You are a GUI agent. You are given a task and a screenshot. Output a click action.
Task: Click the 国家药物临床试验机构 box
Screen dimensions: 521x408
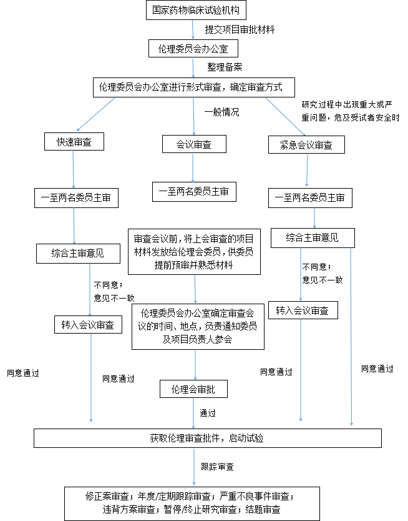[193, 11]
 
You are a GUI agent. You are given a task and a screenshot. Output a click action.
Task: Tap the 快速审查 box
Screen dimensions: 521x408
[74, 142]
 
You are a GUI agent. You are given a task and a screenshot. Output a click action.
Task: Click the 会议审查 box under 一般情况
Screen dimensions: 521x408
[194, 144]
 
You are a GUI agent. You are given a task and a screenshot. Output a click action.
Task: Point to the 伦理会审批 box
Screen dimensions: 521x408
[193, 389]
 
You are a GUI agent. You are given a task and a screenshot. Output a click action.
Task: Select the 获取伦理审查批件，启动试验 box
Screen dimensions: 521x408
[207, 438]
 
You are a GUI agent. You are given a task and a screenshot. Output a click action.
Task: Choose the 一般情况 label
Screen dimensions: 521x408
[221, 112]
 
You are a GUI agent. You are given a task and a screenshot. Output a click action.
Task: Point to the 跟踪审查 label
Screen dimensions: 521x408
[217, 467]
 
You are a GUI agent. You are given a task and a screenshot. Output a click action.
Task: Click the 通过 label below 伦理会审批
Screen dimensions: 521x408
[208, 413]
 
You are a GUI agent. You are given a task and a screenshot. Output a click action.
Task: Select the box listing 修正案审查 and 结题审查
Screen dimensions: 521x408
[193, 504]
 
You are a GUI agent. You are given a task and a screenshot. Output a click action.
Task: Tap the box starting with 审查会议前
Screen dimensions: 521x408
[193, 251]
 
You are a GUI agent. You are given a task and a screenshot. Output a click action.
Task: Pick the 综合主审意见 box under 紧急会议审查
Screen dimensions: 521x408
[313, 237]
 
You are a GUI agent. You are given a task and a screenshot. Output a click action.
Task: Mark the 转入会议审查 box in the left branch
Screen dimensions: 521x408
[87, 325]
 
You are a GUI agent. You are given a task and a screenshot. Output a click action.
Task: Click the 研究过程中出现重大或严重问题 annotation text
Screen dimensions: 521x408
[349, 110]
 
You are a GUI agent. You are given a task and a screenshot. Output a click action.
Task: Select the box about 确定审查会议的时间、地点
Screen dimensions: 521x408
[197, 326]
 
